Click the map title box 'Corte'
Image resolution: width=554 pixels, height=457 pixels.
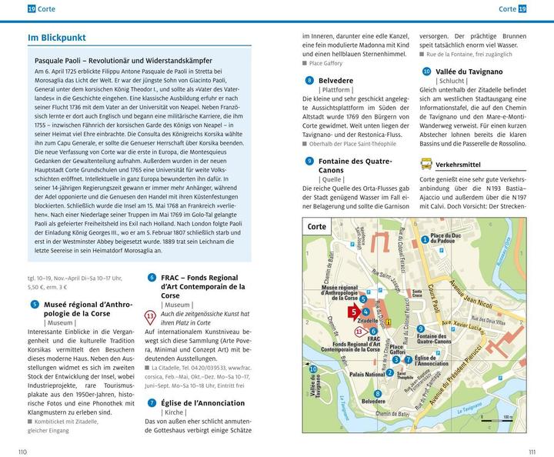(317, 227)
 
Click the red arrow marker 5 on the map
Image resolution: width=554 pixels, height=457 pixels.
(353, 312)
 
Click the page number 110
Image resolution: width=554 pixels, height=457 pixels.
(22, 451)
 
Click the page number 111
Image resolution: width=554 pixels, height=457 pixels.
(531, 451)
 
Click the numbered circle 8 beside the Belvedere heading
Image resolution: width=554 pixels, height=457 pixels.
(309, 79)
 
